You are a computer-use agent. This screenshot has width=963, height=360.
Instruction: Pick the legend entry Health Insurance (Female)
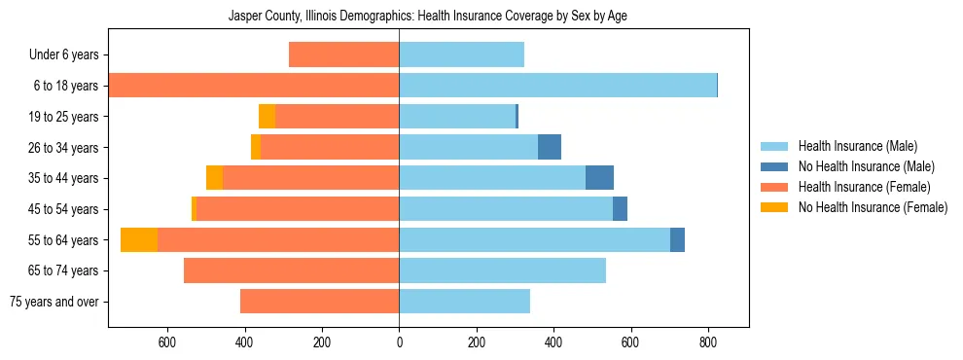[x=856, y=187]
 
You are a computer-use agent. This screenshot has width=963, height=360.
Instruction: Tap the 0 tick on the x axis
[x=399, y=343]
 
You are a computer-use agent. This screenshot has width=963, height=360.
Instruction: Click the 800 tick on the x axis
[x=707, y=343]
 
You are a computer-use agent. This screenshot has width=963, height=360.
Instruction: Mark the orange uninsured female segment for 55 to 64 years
[x=139, y=239]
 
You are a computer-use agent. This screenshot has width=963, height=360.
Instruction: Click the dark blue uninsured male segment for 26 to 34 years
[x=550, y=147]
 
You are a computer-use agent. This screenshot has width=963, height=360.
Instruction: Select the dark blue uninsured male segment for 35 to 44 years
[x=599, y=178]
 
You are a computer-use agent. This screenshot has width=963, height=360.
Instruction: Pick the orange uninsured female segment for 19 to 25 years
[x=267, y=117]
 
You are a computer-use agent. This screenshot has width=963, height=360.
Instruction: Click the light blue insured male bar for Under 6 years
[x=461, y=54]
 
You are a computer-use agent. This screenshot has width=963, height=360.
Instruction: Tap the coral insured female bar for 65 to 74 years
[x=291, y=270]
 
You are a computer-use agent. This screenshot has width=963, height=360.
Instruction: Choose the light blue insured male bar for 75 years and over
[x=464, y=302]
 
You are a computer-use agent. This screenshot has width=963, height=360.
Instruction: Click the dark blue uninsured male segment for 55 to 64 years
[x=677, y=239]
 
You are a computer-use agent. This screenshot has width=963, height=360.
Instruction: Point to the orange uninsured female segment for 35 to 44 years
[x=214, y=178]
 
